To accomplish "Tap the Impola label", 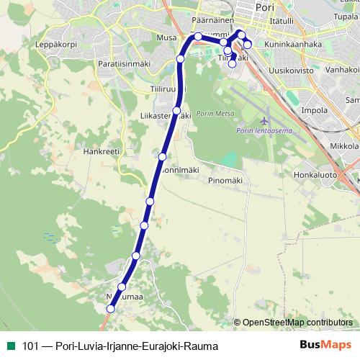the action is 315,110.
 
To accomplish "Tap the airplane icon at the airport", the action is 265,119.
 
